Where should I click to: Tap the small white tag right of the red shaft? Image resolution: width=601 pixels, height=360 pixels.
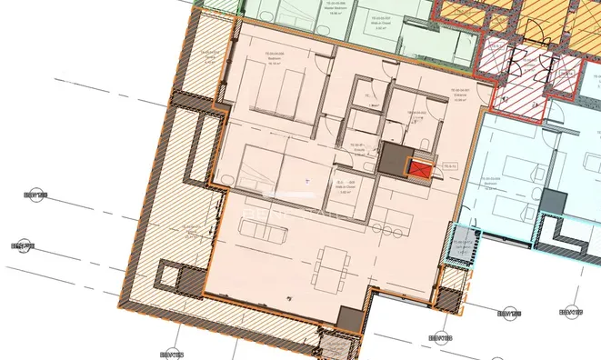coord(448,167)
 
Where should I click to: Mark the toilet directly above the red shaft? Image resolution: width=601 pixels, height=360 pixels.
coord(427,148)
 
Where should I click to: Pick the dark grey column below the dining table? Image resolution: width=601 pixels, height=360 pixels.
coord(349,318)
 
